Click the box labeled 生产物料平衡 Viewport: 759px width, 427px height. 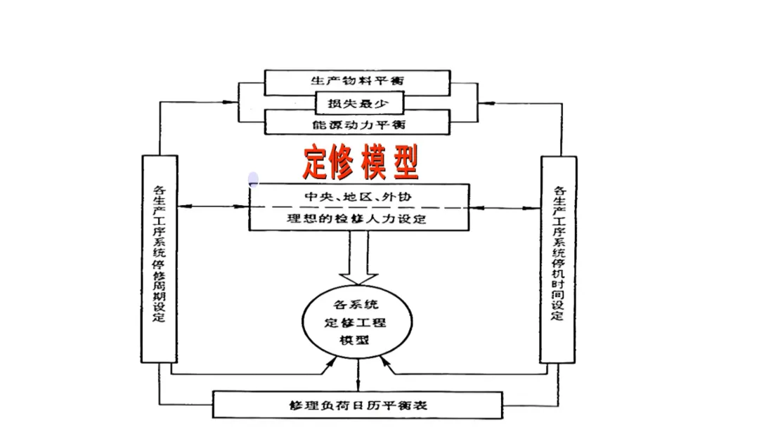[x=357, y=82]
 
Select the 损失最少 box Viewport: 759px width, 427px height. [x=359, y=104]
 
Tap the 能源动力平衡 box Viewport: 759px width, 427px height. [x=357, y=124]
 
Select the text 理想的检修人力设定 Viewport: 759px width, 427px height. [x=359, y=218]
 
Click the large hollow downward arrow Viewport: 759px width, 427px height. [x=358, y=260]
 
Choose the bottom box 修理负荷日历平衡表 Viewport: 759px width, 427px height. [x=358, y=405]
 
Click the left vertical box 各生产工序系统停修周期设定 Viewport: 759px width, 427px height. [x=159, y=258]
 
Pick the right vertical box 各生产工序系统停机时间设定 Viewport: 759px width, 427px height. [x=558, y=258]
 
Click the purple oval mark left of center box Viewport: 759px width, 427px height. [x=254, y=180]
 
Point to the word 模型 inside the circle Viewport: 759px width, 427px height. [x=355, y=340]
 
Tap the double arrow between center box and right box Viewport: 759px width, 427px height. [x=505, y=207]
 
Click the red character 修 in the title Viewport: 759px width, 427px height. [x=345, y=164]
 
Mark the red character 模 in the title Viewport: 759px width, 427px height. [x=375, y=164]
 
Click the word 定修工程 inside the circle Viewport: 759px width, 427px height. [x=355, y=323]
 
